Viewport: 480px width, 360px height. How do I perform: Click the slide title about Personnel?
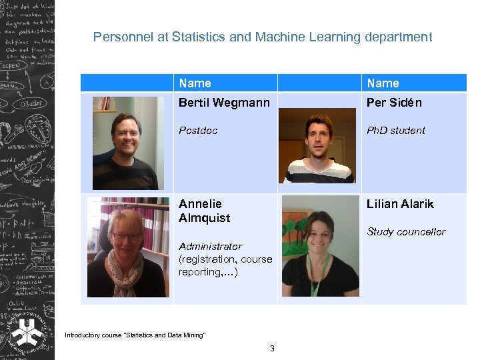263,37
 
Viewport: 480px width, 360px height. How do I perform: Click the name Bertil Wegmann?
224,103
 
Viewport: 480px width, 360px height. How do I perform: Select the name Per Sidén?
394,103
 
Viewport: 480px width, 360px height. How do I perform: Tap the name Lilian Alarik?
400,204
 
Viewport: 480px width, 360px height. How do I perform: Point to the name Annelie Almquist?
204,211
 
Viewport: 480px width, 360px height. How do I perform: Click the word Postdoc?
198,131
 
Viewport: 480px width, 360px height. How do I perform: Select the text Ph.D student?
395,131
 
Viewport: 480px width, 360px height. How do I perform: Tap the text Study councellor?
406,232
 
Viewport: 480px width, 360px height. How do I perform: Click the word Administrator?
210,247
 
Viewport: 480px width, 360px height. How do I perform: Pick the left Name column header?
195,83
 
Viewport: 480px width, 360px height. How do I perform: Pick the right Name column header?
383,83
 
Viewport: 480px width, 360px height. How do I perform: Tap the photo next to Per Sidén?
317,145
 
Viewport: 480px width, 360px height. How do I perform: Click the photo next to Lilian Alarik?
320,246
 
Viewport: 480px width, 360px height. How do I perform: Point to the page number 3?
272,348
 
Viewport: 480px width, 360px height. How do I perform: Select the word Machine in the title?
279,37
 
